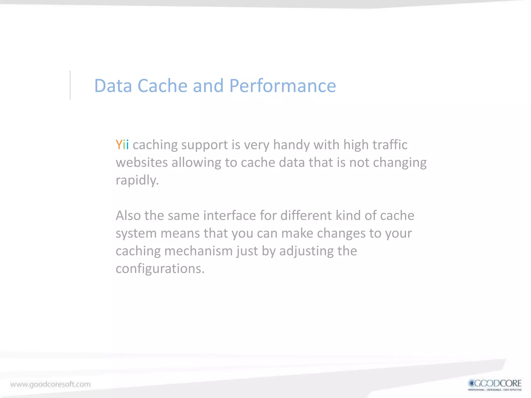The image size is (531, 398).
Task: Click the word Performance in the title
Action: click(283, 86)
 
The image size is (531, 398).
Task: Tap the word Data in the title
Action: click(113, 86)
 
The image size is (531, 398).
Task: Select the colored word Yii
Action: click(122, 145)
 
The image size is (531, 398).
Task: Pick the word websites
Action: click(142, 163)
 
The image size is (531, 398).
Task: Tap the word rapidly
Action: click(137, 180)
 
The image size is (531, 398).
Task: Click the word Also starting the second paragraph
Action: click(128, 216)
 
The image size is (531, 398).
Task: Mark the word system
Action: click(136, 233)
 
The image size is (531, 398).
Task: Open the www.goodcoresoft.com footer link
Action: click(51, 384)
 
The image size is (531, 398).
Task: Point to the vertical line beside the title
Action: click(70, 85)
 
